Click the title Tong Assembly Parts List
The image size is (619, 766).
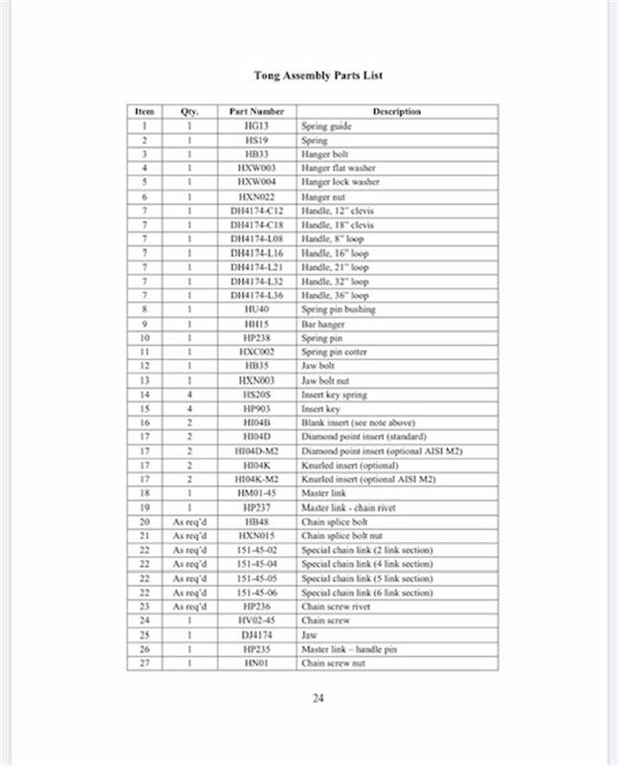click(x=319, y=74)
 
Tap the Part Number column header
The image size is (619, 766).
click(x=256, y=112)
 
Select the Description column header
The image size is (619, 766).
click(x=396, y=112)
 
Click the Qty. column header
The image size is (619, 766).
click(x=189, y=112)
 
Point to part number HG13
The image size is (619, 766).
click(x=256, y=125)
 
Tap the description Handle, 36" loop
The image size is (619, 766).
click(x=335, y=296)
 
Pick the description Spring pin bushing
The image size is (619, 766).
click(x=339, y=310)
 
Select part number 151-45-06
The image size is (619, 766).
click(x=256, y=593)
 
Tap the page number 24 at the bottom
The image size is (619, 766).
click(x=319, y=698)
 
